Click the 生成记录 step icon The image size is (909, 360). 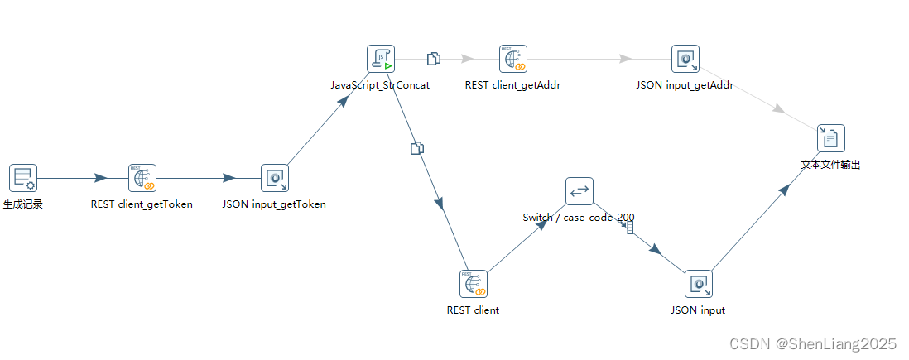(23, 178)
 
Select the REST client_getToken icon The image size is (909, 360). (142, 178)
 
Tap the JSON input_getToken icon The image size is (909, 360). (275, 178)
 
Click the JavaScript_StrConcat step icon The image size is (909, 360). (381, 59)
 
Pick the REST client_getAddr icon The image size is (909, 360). (513, 59)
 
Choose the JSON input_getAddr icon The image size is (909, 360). (685, 59)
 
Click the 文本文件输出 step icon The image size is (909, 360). (831, 138)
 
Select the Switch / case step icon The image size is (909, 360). (580, 191)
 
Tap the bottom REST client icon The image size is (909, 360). (474, 284)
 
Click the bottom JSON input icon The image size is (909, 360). (699, 284)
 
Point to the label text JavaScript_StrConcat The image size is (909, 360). (380, 85)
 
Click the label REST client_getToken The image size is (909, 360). (142, 204)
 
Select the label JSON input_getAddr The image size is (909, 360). (685, 85)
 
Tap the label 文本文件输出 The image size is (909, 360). (831, 165)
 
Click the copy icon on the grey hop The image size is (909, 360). (433, 59)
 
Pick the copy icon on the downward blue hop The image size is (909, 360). (417, 148)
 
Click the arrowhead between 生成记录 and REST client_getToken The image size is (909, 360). (100, 178)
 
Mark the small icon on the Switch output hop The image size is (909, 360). (630, 227)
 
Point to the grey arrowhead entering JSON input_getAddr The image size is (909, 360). (626, 59)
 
